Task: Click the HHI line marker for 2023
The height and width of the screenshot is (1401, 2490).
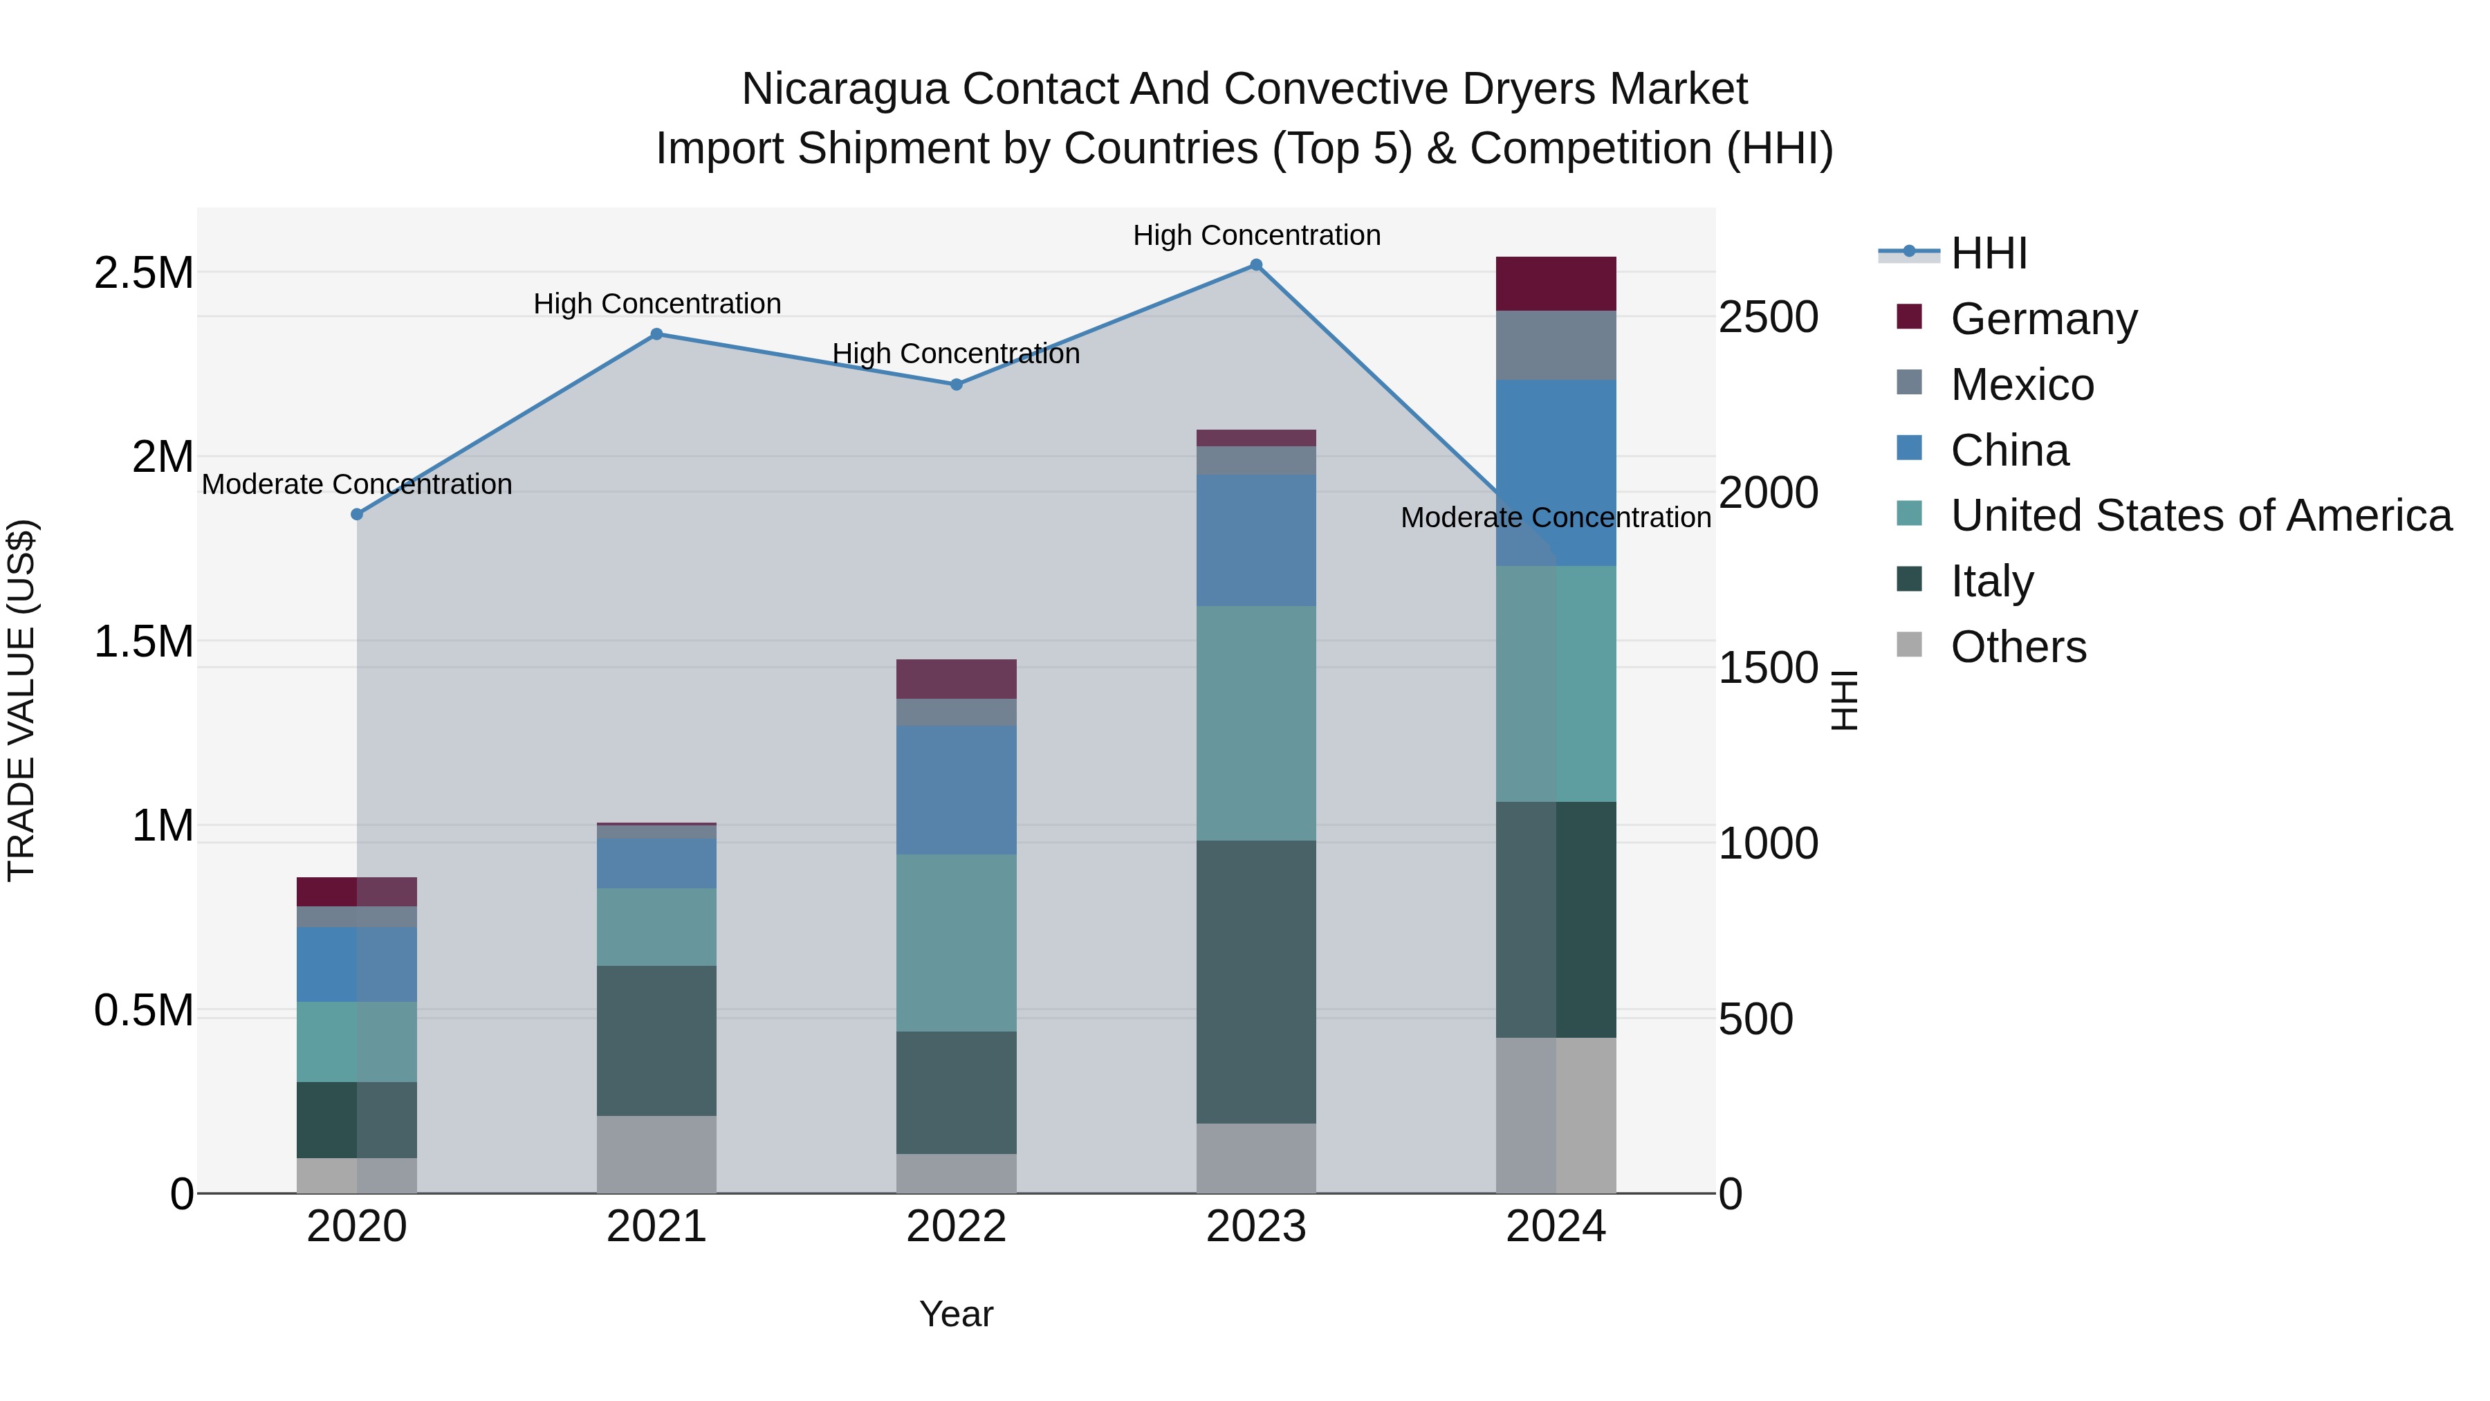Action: click(1255, 265)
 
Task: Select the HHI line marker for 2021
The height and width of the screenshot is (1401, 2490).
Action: click(656, 335)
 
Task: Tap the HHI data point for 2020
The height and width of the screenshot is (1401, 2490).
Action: click(357, 514)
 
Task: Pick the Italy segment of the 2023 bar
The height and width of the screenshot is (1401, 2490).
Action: click(1255, 981)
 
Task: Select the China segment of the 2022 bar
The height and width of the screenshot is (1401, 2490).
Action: click(956, 790)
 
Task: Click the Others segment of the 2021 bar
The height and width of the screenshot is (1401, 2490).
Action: click(656, 1155)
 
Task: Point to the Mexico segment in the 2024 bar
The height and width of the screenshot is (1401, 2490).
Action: click(1556, 345)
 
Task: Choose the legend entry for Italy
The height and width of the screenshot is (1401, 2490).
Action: click(1991, 581)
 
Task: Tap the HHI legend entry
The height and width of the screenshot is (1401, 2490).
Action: click(1987, 253)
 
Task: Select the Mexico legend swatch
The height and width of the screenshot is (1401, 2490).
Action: click(1909, 383)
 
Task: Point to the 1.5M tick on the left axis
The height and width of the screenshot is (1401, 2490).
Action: click(144, 641)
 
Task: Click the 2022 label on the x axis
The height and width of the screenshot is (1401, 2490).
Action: click(956, 1227)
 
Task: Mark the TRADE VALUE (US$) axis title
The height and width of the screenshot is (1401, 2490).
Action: click(21, 700)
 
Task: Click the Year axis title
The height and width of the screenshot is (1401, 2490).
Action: click(956, 1314)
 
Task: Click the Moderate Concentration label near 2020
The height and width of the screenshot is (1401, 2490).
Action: click(357, 484)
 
